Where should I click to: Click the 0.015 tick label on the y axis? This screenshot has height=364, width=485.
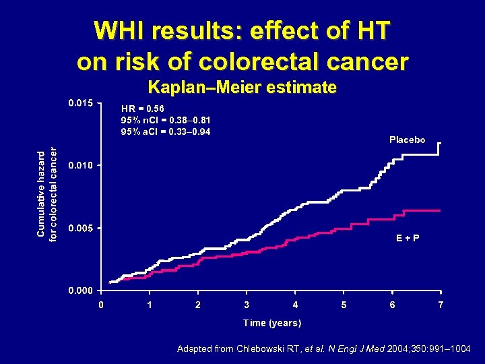[x=81, y=103]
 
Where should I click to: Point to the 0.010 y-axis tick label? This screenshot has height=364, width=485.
[x=81, y=165]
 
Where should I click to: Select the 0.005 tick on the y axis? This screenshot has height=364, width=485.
[x=81, y=228]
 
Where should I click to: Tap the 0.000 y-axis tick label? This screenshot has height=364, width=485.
[x=81, y=291]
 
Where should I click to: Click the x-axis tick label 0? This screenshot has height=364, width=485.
[x=101, y=305]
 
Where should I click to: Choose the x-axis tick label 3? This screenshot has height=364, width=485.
[x=247, y=305]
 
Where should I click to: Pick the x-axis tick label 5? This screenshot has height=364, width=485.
[x=344, y=305]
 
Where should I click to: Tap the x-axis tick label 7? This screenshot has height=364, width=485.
[x=441, y=305]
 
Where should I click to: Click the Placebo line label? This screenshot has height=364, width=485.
[x=407, y=140]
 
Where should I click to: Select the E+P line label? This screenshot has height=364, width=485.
[x=407, y=238]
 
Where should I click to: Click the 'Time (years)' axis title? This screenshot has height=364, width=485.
[x=272, y=323]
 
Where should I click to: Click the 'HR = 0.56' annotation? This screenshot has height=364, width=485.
[x=141, y=108]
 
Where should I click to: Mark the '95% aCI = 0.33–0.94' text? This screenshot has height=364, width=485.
[x=165, y=131]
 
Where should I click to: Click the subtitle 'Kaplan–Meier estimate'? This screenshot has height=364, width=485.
[x=242, y=87]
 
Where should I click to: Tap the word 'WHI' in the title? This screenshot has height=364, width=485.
[x=120, y=30]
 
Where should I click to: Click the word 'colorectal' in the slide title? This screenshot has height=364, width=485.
[x=248, y=61]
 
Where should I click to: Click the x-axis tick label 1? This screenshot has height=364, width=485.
[x=150, y=305]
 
